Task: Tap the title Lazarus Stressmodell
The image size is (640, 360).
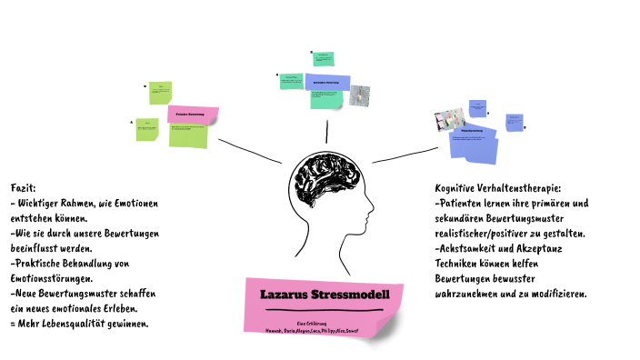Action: pyautogui.click(x=325, y=295)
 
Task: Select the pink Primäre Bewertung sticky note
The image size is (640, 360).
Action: pyautogui.click(x=193, y=115)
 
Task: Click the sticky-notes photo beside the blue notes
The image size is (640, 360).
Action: pyautogui.click(x=449, y=119)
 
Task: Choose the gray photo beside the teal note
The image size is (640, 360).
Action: pyautogui.click(x=361, y=95)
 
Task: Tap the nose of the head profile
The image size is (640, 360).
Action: pyautogui.click(x=373, y=215)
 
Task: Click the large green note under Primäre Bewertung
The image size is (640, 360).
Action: pyautogui.click(x=188, y=135)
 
